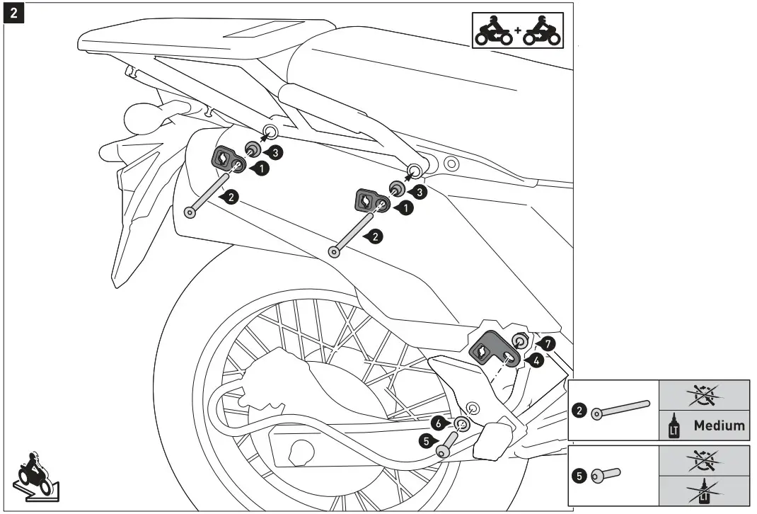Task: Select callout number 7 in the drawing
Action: (x=550, y=343)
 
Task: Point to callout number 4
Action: (x=537, y=360)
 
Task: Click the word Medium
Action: (x=719, y=426)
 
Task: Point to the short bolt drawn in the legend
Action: (x=606, y=474)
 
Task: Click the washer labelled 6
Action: (x=462, y=424)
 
